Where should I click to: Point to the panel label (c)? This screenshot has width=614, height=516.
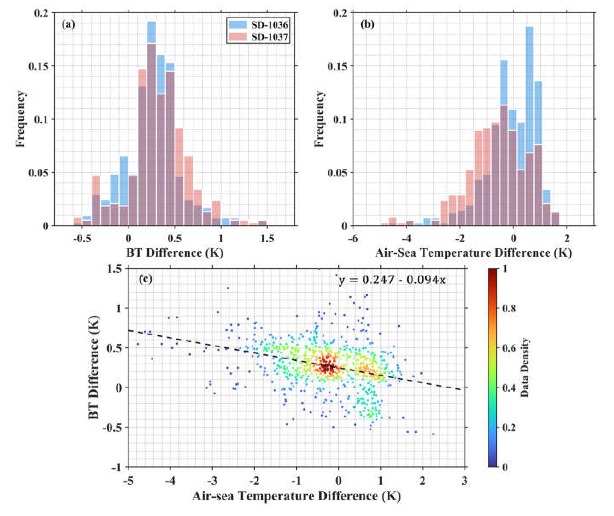(145, 279)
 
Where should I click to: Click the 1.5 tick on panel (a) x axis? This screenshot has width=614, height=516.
(267, 239)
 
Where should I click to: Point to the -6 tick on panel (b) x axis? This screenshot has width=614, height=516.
(354, 239)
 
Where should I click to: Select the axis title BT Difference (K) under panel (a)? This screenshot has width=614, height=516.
(175, 253)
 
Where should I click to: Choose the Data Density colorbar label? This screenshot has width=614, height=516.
(525, 367)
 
